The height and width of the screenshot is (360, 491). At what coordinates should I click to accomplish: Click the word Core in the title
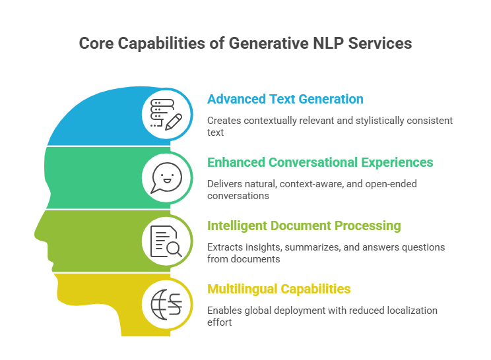click(94, 44)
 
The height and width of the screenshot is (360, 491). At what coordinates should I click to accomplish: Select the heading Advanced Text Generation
click(285, 100)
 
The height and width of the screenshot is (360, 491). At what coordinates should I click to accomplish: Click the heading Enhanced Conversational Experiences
click(320, 162)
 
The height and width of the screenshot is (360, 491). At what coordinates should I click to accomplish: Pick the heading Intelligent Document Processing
click(304, 225)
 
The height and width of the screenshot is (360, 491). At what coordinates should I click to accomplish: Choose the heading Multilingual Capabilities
click(278, 289)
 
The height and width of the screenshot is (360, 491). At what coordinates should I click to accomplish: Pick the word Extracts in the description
click(222, 247)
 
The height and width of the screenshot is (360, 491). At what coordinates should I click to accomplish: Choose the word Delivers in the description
click(222, 183)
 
